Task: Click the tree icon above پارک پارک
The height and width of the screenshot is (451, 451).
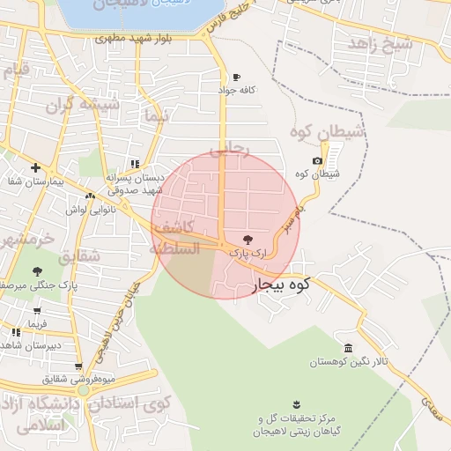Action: pos(247,238)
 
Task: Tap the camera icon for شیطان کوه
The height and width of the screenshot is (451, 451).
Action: pos(317,160)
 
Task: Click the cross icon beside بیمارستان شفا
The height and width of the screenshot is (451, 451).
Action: pos(35,167)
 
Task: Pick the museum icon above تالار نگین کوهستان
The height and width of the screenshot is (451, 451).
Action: pos(349,347)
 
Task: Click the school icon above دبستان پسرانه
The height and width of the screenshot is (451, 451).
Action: pos(134,163)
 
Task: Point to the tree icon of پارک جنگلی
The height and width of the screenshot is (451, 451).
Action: pos(36,271)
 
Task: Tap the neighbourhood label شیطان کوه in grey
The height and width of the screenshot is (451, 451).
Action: pos(327,134)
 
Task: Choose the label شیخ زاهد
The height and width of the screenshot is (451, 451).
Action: pos(380,43)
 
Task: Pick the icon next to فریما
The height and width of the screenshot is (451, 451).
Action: pos(17,332)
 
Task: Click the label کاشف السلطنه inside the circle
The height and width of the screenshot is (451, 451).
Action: pos(174,238)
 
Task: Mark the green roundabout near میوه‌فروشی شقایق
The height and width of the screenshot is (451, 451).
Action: pos(83,389)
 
